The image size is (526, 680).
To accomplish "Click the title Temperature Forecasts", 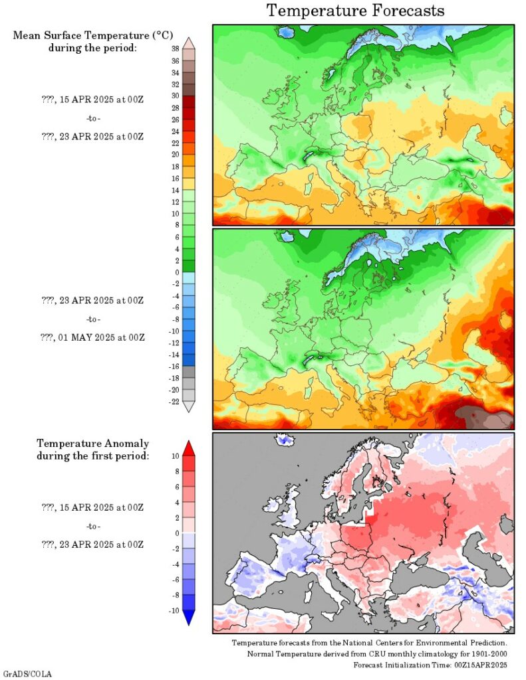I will tap(356, 11).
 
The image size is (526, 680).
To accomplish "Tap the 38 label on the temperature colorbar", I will tap(175, 49).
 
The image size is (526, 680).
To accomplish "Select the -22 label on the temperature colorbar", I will tap(174, 401).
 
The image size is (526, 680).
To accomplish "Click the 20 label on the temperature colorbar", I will tap(175, 154).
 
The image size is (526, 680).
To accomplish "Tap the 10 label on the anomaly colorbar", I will tap(176, 456).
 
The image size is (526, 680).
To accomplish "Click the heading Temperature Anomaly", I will tap(92, 443).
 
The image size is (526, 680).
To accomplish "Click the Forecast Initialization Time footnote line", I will tap(430, 665).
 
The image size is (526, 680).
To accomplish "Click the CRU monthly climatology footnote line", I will tap(377, 654).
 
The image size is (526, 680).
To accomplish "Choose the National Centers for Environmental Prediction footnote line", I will tap(370, 643).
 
